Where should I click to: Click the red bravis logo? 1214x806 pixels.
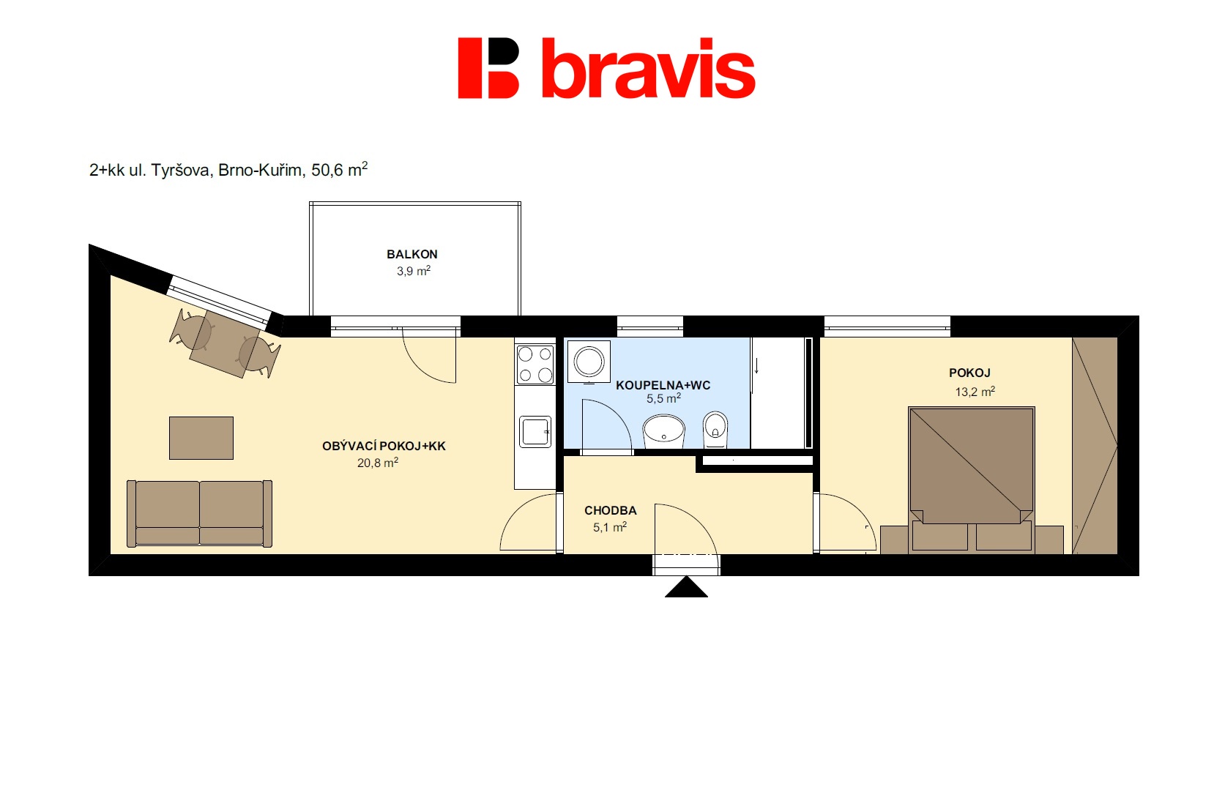coord(606,68)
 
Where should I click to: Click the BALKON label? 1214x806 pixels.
coord(412,254)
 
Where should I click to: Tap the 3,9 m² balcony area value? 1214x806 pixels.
coord(414,270)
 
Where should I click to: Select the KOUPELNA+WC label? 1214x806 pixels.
coord(663,385)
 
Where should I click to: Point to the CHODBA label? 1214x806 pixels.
coord(610,510)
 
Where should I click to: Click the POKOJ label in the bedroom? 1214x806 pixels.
coord(969,373)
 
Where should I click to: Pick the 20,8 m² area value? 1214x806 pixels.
coord(378,463)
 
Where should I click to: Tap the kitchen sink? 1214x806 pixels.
coord(535,431)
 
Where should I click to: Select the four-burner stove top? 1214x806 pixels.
coord(535,365)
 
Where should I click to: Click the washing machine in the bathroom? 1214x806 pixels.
coord(589,362)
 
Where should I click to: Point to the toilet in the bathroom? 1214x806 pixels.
coord(715,430)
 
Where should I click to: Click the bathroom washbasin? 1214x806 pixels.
coord(664,431)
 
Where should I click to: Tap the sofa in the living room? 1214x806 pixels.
coord(199,513)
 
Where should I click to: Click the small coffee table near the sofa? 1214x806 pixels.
coord(201,438)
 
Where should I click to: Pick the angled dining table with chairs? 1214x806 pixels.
coord(225,343)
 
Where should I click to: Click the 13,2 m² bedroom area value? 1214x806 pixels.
coord(975,392)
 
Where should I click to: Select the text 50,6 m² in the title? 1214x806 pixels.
coord(339,169)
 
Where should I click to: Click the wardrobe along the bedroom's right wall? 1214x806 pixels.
coord(1095,446)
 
